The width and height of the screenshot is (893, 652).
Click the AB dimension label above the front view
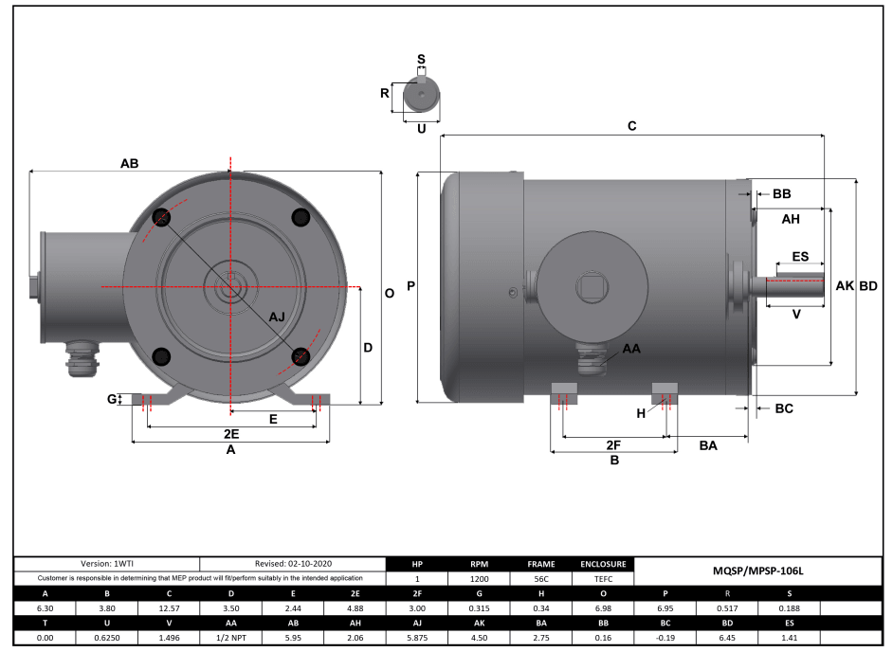pos(130,163)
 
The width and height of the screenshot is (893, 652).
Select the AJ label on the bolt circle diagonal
pos(276,316)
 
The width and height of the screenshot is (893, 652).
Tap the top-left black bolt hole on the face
pos(160,217)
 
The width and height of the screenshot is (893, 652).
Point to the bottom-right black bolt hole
pos(301,356)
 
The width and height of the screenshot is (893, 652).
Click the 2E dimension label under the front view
pos(230,433)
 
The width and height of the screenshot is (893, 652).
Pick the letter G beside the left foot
pos(113,400)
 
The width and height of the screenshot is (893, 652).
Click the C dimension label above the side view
pos(632,126)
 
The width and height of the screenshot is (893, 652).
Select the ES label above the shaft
pos(799,257)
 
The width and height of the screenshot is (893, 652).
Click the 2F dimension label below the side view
pos(613,444)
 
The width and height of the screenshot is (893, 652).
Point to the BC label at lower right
pos(784,408)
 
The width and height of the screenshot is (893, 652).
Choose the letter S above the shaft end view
pos(421,59)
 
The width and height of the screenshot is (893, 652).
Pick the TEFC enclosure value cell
pos(603,578)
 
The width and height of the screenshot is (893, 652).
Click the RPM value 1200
pos(480,578)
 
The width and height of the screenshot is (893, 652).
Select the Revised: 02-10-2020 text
pos(294,564)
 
